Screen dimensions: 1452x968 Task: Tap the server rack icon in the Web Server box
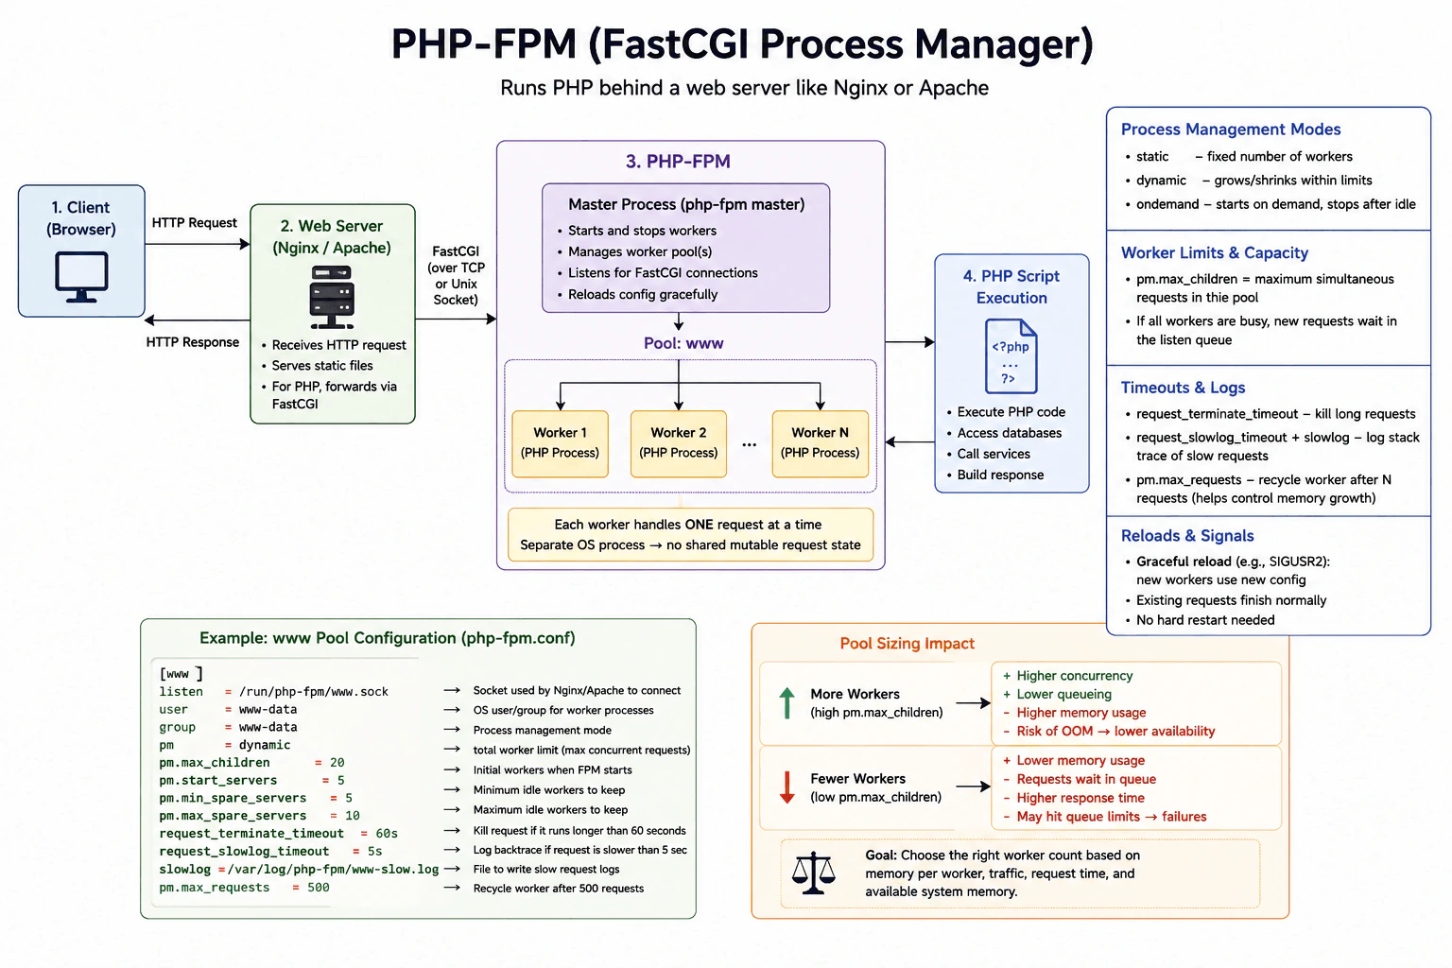pyautogui.click(x=332, y=297)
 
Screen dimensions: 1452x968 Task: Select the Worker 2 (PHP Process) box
pyautogui.click(x=678, y=443)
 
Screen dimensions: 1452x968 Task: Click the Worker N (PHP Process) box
pyautogui.click(x=820, y=443)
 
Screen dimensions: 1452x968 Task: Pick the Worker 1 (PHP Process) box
pyautogui.click(x=560, y=443)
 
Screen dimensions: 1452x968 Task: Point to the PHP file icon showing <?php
pyautogui.click(x=1011, y=356)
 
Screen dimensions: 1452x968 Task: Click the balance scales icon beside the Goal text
pyautogui.click(x=814, y=873)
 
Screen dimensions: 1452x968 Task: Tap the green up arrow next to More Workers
pyautogui.click(x=786, y=702)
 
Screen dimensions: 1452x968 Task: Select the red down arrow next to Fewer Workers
pyautogui.click(x=786, y=787)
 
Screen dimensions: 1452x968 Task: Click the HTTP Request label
pyautogui.click(x=195, y=223)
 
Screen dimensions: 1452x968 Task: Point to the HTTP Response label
pyautogui.click(x=193, y=342)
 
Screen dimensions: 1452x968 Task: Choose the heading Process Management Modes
pyautogui.click(x=1230, y=129)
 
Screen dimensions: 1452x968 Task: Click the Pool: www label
pyautogui.click(x=683, y=343)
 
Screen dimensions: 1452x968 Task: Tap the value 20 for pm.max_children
pyautogui.click(x=337, y=763)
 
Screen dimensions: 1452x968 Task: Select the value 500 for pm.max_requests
pyautogui.click(x=319, y=887)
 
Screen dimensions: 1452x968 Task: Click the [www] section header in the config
pyautogui.click(x=181, y=674)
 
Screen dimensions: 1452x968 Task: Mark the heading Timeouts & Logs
pyautogui.click(x=1183, y=387)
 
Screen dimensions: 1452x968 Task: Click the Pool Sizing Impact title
pyautogui.click(x=907, y=643)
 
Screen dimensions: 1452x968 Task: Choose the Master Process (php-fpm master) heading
pyautogui.click(x=686, y=205)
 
